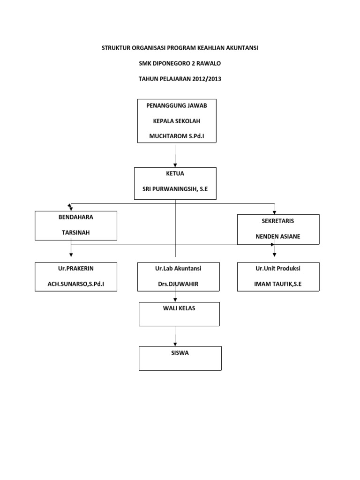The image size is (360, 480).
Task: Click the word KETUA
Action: click(175, 173)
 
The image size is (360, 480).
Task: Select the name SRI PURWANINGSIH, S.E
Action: click(175, 188)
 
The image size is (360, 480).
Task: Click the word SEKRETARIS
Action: click(278, 221)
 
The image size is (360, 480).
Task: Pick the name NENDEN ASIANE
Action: click(278, 236)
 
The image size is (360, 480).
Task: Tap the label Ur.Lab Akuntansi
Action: click(178, 269)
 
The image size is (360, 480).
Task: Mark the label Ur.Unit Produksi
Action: click(278, 269)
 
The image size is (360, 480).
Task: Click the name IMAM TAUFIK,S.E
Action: click(278, 284)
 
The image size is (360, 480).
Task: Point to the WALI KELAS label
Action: click(180, 308)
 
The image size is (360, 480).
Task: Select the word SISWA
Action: click(180, 353)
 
